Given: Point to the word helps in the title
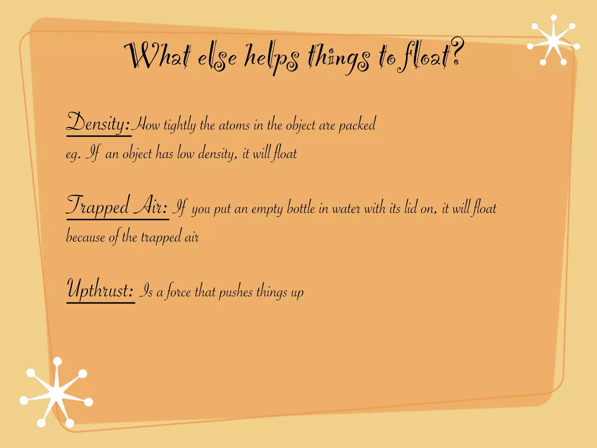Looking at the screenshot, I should (x=271, y=57).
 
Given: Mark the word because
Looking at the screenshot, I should (x=85, y=236).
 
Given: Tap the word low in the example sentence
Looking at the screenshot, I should (x=185, y=153).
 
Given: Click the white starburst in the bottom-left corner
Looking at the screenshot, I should (x=56, y=393).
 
